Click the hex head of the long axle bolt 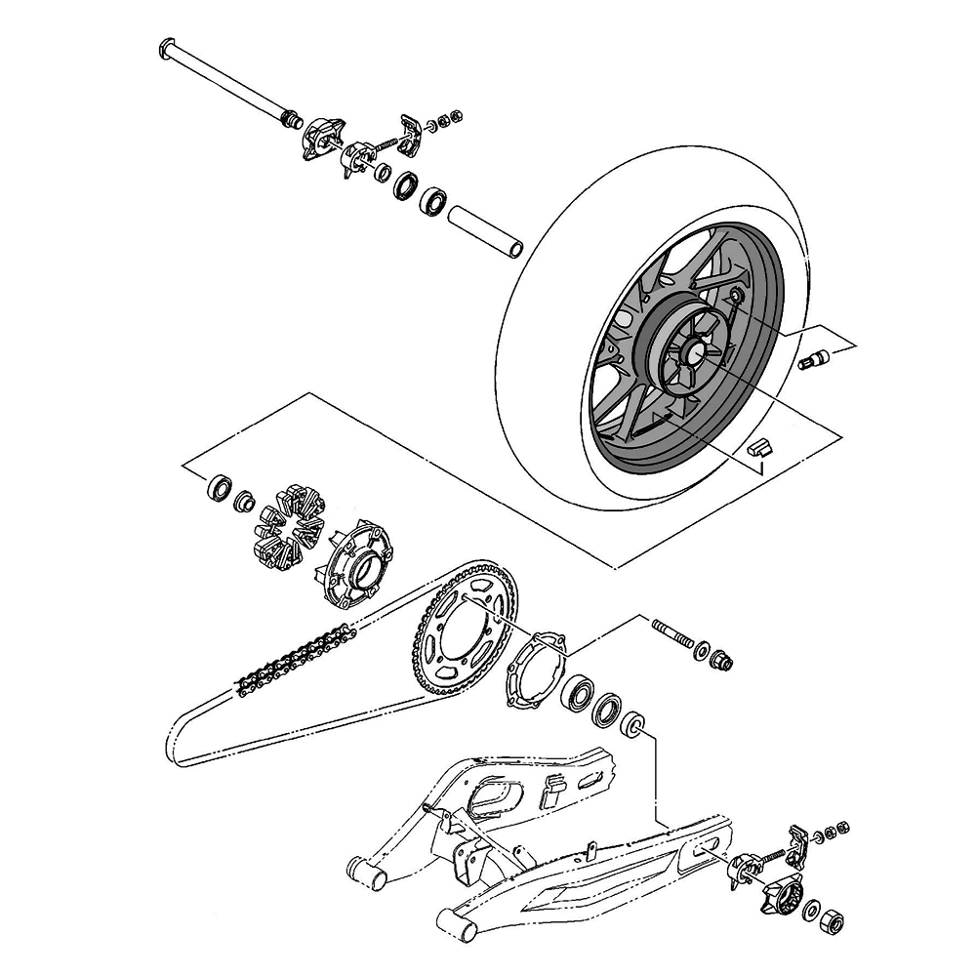click(x=166, y=46)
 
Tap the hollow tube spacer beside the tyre click(x=484, y=230)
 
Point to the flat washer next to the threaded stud click(x=702, y=648)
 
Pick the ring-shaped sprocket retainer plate click(x=535, y=669)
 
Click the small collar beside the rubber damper click(x=244, y=503)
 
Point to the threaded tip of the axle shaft click(x=290, y=120)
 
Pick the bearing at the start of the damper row click(x=220, y=485)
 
